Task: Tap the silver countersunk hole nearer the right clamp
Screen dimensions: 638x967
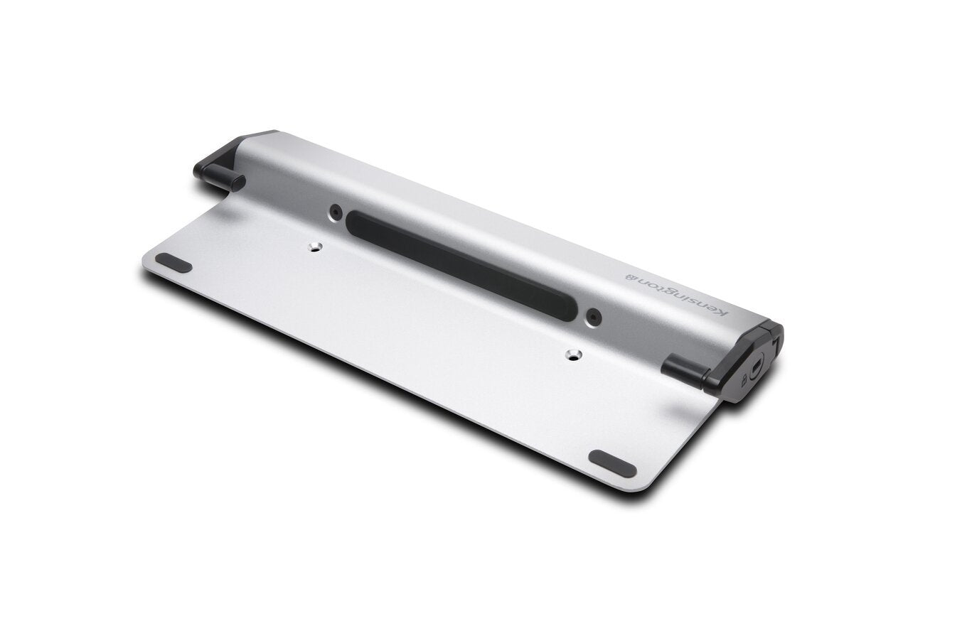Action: click(x=572, y=353)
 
